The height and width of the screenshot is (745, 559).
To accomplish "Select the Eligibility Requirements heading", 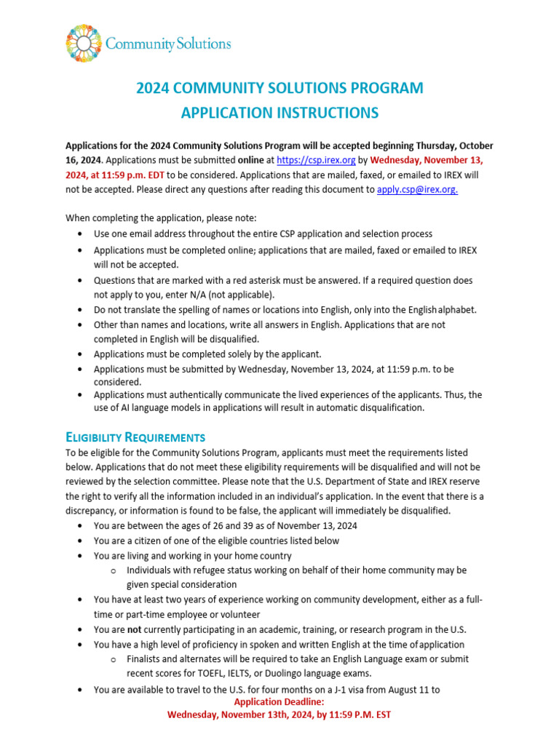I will pyautogui.click(x=135, y=437).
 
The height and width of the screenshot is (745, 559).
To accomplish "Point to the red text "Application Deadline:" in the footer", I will pyautogui.click(x=279, y=702).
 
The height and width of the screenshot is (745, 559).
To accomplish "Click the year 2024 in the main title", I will pyautogui.click(x=154, y=88).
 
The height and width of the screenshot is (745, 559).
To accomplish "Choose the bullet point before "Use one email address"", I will pyautogui.click(x=79, y=234).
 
